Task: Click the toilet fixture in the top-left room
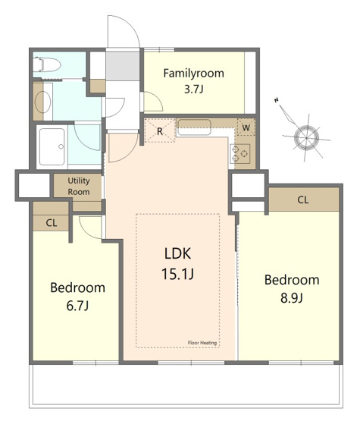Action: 47,64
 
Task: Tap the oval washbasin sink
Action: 43,102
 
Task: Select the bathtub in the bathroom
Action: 52,146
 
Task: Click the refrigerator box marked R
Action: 160,130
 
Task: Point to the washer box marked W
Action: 246,127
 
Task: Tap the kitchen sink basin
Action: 195,127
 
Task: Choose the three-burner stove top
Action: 240,153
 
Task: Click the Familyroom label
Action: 194,74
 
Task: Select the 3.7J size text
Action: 194,90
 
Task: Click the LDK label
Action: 178,253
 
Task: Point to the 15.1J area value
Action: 178,274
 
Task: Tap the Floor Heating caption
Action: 202,343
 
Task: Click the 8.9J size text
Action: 292,298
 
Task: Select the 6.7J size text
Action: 77,306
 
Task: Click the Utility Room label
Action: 79,186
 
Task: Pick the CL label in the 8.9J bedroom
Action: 303,200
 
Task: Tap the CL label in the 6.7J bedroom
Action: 52,222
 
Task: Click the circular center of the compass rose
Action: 306,138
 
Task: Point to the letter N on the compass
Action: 276,100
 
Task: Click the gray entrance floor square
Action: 122,64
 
